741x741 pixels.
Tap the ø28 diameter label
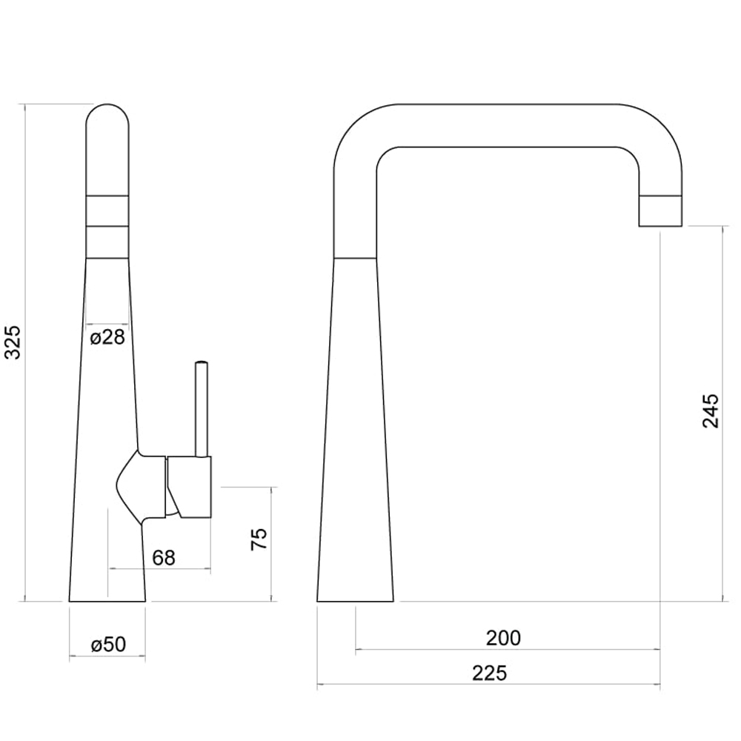107,337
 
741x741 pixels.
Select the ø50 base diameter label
109,644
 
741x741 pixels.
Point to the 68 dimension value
164,558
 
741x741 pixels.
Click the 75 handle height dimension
259,539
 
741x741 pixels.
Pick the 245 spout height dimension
711,411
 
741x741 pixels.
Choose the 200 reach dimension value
503,638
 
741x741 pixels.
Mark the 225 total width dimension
490,673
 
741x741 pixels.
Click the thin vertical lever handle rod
202,409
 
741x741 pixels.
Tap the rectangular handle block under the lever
189,488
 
